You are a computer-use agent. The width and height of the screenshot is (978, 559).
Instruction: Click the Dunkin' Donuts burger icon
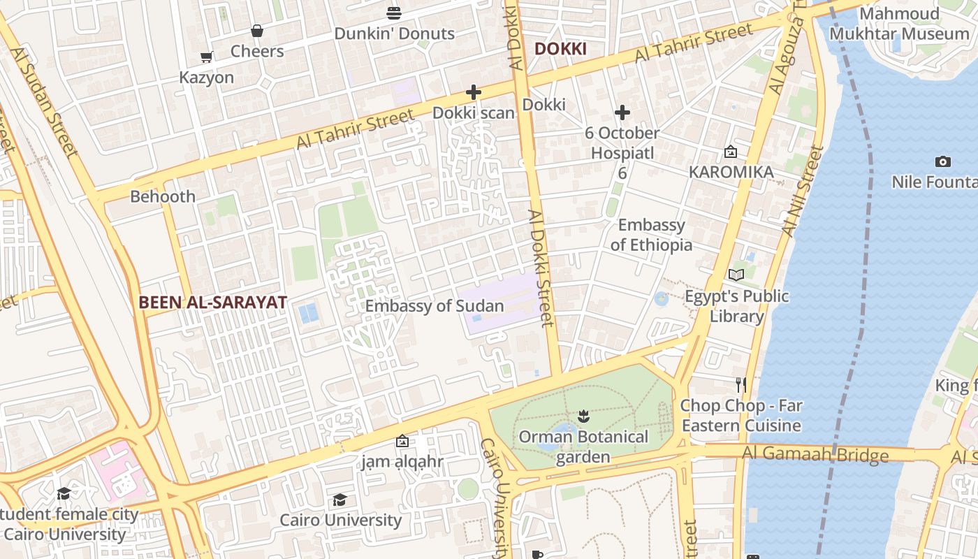coord(394,13)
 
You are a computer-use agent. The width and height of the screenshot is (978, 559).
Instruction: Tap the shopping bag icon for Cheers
coord(257,31)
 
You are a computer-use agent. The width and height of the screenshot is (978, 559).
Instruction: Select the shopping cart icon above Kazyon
coord(206,57)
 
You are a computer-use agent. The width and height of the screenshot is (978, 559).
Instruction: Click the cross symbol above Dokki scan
coord(474,92)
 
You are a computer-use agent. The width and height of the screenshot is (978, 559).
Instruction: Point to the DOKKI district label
coord(560,49)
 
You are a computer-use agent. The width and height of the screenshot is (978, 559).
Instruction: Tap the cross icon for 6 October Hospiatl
coord(622,112)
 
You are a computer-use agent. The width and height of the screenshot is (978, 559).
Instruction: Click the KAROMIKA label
coord(731,172)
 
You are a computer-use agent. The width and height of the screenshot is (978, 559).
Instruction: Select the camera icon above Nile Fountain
coord(942,162)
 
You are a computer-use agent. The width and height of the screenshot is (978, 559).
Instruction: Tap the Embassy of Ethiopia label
coord(651,235)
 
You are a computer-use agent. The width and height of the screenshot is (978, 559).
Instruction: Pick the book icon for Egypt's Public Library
coord(736,275)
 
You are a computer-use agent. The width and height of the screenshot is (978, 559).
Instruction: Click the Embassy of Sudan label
coord(434,306)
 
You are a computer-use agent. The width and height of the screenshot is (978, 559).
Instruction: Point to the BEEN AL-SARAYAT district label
coord(212,303)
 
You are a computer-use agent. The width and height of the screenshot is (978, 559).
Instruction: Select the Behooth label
coord(163,196)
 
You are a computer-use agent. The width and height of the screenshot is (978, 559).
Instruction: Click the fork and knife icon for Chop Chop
coord(741,384)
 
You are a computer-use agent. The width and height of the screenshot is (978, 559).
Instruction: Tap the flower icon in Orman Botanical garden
coord(583,417)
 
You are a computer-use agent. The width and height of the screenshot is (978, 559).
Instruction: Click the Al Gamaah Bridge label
coord(815,455)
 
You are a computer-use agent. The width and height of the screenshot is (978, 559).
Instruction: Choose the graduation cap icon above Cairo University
coord(340,500)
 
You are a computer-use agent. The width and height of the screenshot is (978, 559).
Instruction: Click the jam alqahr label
coord(402,462)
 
